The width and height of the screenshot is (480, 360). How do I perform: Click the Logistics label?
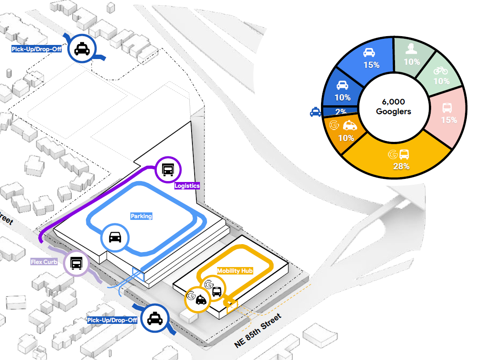click(x=187, y=186)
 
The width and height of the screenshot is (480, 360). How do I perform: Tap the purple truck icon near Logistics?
click(x=168, y=170)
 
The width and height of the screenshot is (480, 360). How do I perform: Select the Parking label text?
click(x=141, y=216)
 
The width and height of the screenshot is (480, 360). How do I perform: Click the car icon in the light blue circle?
click(x=115, y=238)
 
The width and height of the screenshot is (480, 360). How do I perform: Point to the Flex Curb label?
click(x=44, y=262)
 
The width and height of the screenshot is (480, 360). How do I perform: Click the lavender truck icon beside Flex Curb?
click(x=77, y=263)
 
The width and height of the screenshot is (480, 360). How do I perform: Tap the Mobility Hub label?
click(x=235, y=271)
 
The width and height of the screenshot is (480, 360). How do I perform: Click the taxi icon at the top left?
click(x=82, y=48)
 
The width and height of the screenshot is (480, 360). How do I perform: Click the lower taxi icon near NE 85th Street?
click(x=154, y=319)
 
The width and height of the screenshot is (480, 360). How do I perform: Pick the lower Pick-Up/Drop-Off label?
click(x=112, y=319)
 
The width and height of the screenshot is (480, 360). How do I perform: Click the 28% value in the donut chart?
click(x=402, y=166)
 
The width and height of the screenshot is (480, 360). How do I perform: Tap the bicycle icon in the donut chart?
click(x=441, y=71)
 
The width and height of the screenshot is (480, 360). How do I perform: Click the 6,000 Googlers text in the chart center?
click(x=393, y=106)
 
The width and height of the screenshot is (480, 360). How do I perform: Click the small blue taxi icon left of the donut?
click(x=315, y=112)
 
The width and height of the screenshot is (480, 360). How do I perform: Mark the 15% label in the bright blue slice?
click(x=371, y=65)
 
